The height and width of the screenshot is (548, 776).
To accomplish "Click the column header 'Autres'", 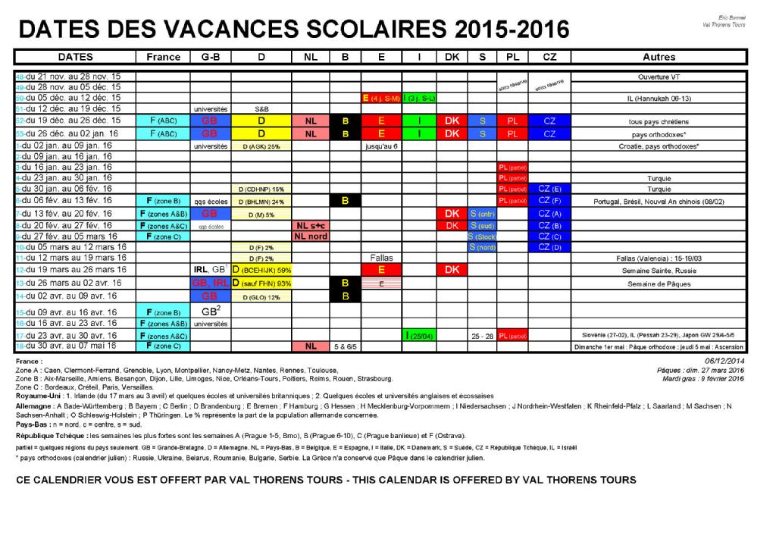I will coord(659,57).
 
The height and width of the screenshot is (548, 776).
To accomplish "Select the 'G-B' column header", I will coord(211,57).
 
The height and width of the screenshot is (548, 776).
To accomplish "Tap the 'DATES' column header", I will coord(75,57).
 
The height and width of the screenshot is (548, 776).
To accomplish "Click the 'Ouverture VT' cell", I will coord(659,77).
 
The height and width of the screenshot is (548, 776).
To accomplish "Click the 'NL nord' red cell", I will coord(311,236).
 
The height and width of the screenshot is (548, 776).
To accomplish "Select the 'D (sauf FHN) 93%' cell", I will coord(262,283).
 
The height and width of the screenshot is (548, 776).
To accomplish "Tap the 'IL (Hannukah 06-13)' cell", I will coord(659,98).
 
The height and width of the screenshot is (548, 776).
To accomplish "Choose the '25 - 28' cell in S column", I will coord(481,335).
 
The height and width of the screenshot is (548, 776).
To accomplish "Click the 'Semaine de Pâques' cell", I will coord(659,283).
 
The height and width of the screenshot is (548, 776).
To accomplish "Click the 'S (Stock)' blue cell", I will coord(481,236).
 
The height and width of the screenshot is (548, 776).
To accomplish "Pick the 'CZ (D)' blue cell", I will coord(549,247).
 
